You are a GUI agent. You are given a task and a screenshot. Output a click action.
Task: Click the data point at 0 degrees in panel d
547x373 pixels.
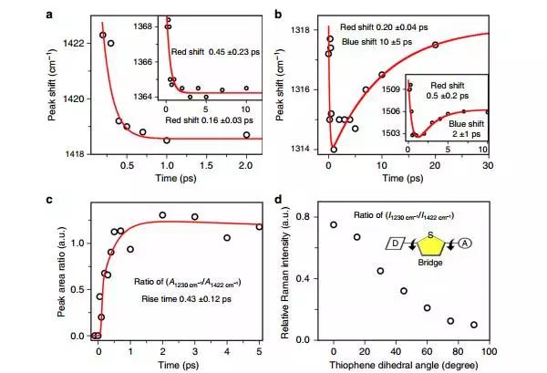(334, 224)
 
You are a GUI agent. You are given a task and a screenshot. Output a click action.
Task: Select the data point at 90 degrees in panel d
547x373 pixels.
(474, 325)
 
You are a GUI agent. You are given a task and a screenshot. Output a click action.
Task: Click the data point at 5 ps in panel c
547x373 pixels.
(259, 227)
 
